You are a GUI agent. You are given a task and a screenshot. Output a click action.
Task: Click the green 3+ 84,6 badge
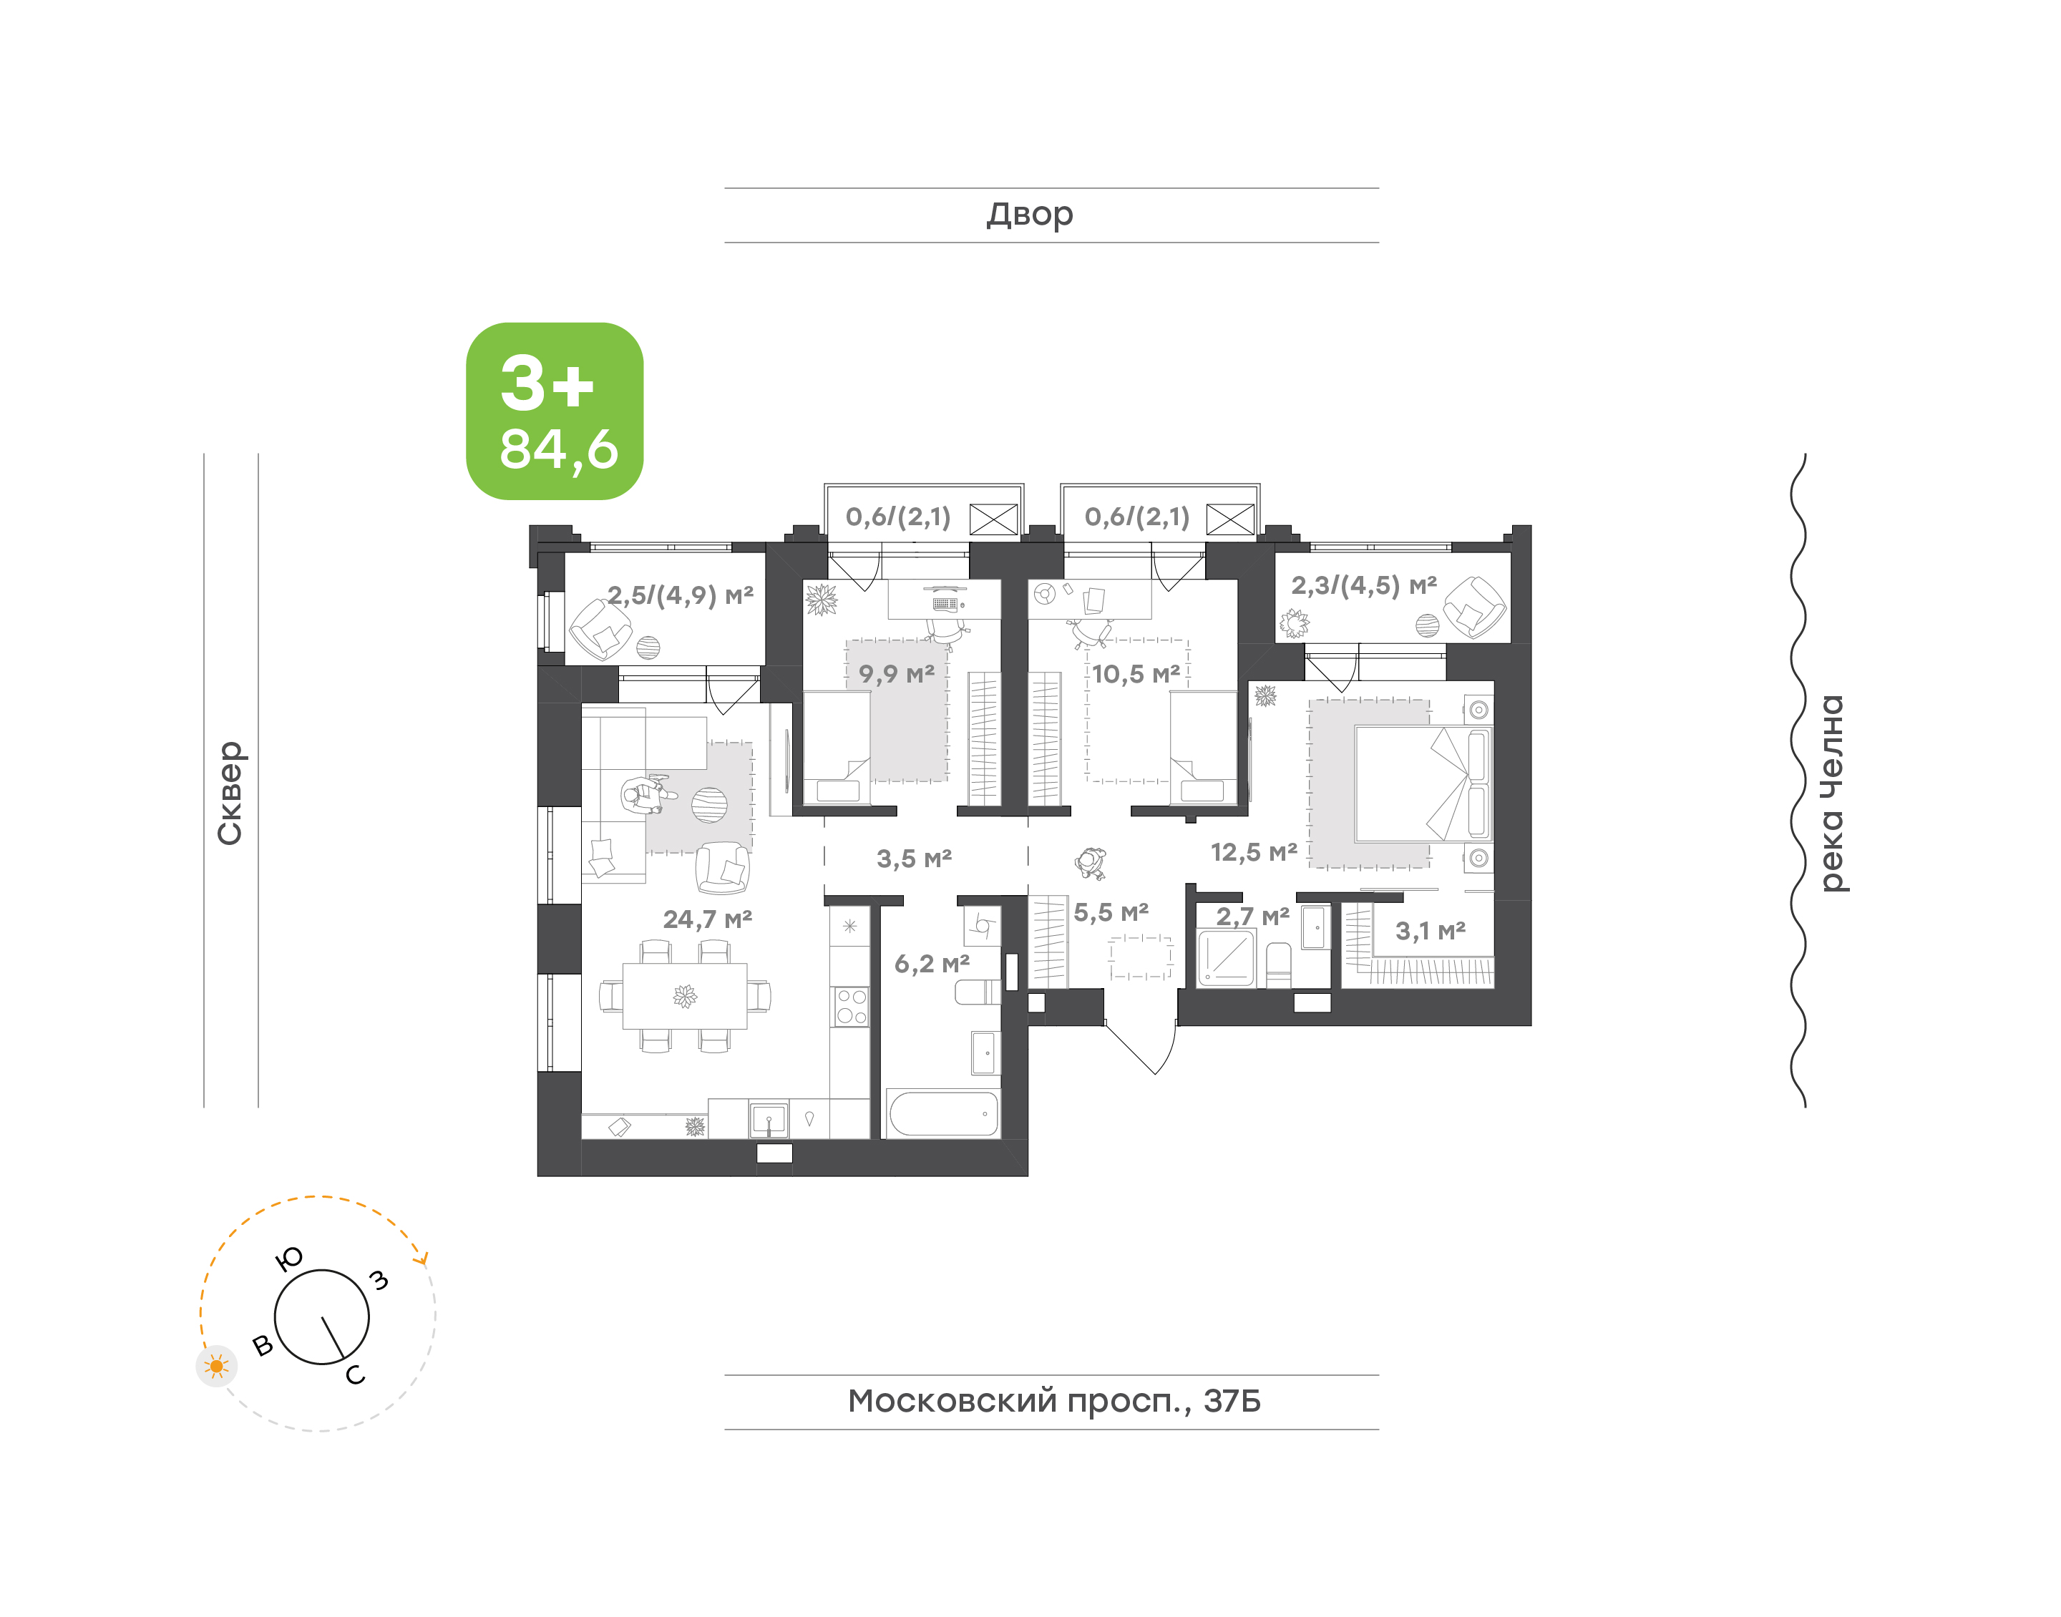(x=554, y=411)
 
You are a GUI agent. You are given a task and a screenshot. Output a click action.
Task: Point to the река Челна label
(x=1832, y=793)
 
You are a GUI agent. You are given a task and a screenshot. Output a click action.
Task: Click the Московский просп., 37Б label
(x=1053, y=1400)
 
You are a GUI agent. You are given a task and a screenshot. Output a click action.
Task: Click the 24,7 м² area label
(x=707, y=919)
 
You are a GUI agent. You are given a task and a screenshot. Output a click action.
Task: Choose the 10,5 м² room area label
(x=1136, y=674)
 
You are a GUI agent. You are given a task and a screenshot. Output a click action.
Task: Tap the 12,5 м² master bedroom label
(x=1254, y=852)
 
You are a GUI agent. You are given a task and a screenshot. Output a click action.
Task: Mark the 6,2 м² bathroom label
(x=932, y=964)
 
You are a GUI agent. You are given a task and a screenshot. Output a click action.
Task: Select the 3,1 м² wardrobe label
(x=1431, y=931)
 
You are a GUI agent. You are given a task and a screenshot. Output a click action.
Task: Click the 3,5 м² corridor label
(x=914, y=859)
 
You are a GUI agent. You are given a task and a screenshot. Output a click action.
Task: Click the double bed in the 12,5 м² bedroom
(x=1423, y=784)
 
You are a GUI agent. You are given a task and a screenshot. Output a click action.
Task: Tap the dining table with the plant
(x=684, y=995)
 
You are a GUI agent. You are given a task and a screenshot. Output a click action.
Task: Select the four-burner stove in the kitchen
(x=850, y=1007)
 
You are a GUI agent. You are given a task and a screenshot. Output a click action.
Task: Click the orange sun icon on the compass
(x=217, y=1366)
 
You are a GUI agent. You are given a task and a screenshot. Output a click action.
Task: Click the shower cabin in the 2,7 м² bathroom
(x=1227, y=958)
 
